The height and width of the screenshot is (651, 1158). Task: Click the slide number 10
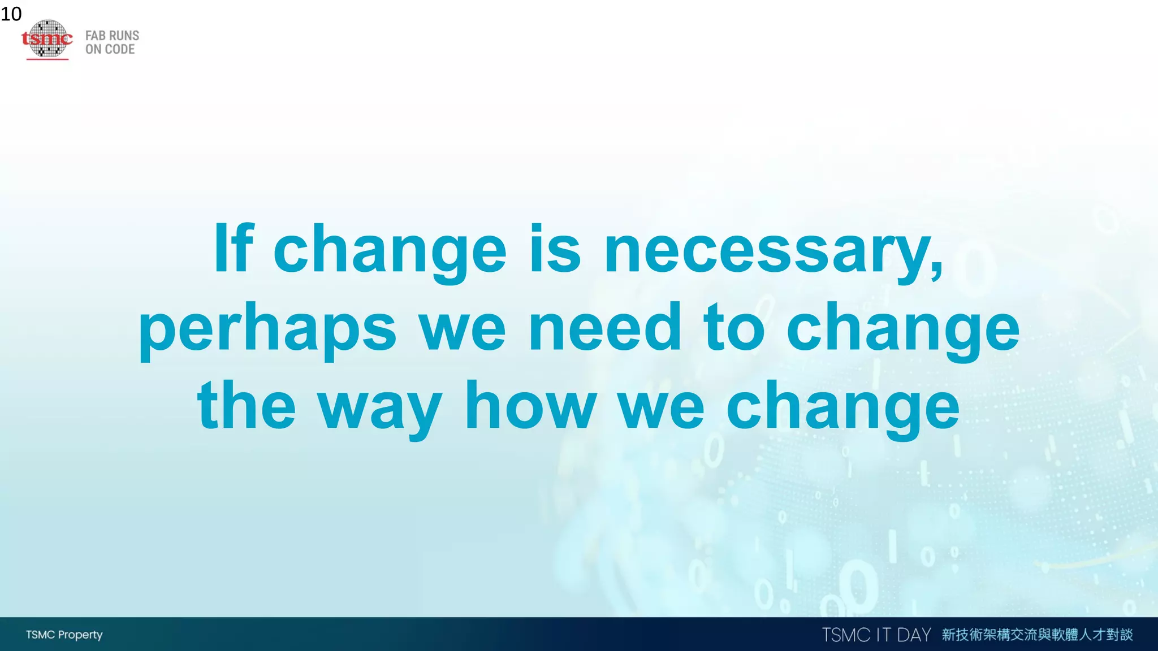[x=11, y=14]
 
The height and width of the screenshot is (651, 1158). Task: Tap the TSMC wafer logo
[x=47, y=39]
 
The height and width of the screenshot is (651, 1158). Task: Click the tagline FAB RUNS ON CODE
[x=112, y=42]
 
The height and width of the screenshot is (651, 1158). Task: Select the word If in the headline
[x=233, y=249]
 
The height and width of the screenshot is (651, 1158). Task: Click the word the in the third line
[x=247, y=405]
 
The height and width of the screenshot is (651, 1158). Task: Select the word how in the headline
[x=530, y=405]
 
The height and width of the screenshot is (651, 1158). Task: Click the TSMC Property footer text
[x=64, y=635]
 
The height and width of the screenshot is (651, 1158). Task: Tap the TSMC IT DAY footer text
[x=876, y=635]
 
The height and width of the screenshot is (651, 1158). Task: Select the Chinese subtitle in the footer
[x=1037, y=635]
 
